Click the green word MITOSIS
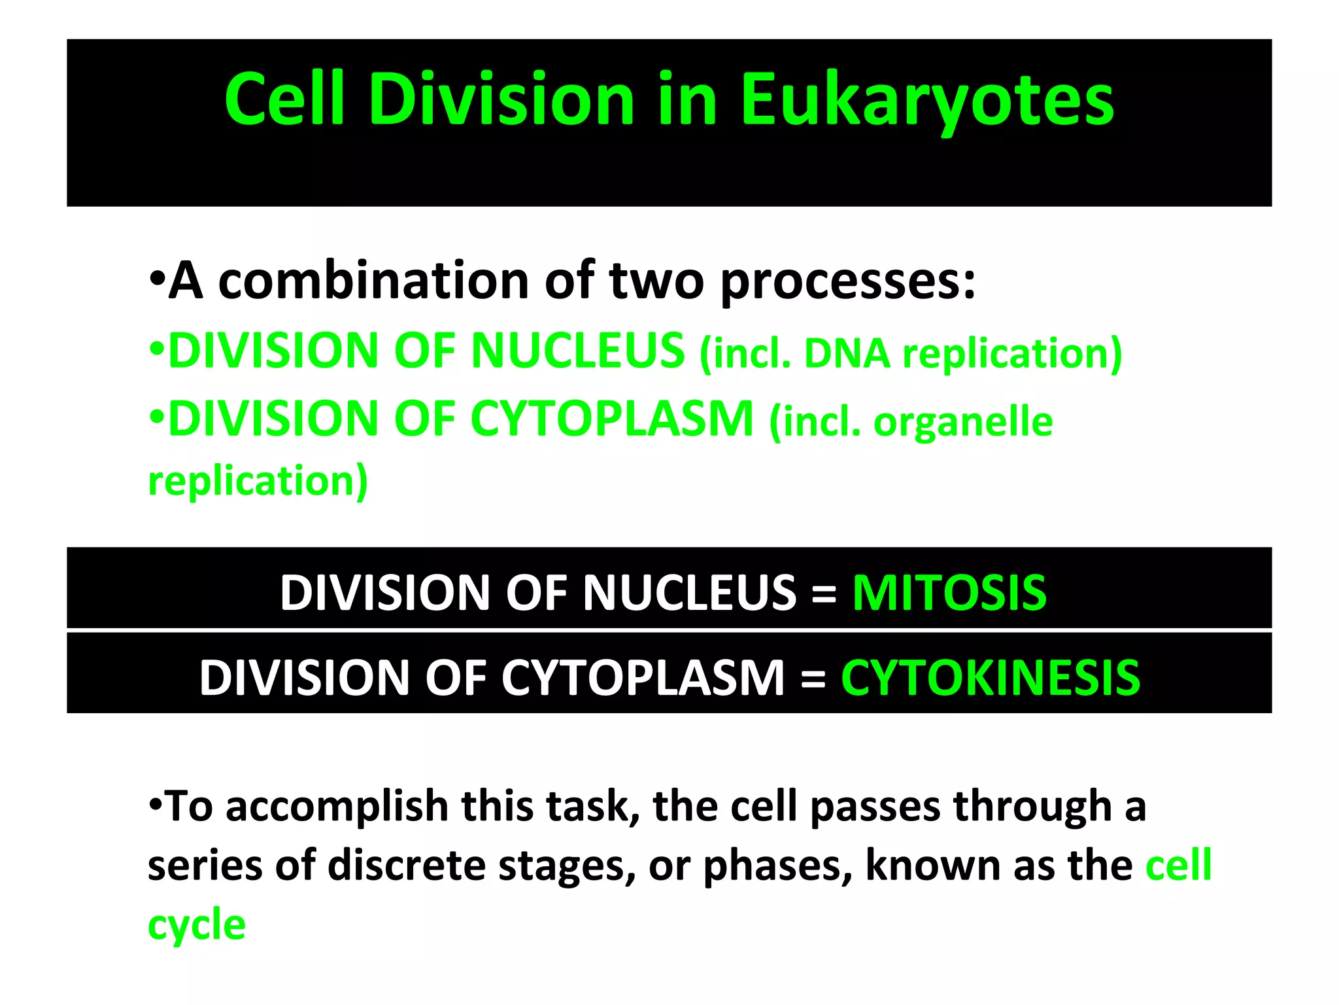tap(949, 593)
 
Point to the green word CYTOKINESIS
tap(991, 678)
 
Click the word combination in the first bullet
tap(373, 281)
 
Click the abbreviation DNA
tap(847, 354)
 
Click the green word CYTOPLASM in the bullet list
tap(612, 419)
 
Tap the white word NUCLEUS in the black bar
tap(689, 593)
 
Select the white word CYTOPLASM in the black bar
tap(643, 678)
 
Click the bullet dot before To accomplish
tap(155, 803)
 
